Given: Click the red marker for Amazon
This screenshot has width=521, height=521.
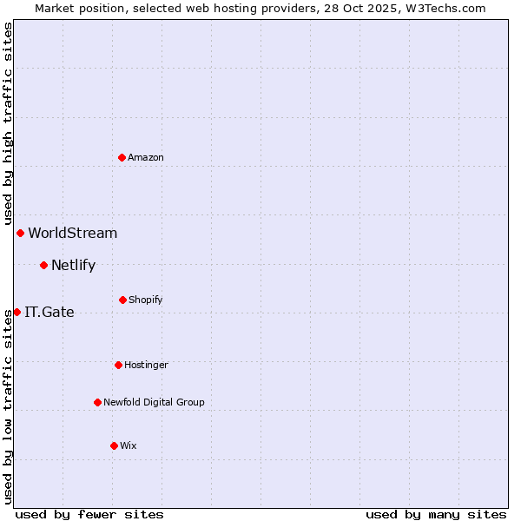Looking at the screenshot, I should (x=122, y=157).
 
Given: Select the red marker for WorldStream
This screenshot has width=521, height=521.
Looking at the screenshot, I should (x=20, y=233).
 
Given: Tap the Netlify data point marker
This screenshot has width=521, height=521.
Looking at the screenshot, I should (x=43, y=265).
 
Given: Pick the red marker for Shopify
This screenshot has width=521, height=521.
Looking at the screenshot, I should (x=122, y=300).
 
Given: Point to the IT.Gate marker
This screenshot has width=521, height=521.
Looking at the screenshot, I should (x=16, y=312).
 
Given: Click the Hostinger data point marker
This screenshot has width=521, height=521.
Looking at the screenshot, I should (x=118, y=365).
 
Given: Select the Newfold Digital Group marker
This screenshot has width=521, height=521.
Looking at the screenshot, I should (x=97, y=402).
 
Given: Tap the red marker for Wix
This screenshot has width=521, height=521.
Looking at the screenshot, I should (x=114, y=445).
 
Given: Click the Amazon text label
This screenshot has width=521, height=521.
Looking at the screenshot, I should (x=146, y=157).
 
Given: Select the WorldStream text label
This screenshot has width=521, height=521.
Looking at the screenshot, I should (x=73, y=233).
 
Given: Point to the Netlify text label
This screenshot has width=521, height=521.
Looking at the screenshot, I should (x=73, y=265).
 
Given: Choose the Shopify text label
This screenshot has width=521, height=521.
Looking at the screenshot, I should (x=146, y=300).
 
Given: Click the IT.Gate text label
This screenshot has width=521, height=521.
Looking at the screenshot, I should (x=49, y=312).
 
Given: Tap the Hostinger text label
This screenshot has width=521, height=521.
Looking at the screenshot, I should (x=146, y=365).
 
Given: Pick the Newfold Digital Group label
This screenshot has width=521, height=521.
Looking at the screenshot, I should (x=155, y=402).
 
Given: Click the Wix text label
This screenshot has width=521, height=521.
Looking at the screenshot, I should (x=129, y=445).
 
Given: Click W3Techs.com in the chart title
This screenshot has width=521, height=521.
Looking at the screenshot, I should (x=444, y=8).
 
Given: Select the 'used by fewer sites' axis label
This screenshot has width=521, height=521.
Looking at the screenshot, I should (x=89, y=514).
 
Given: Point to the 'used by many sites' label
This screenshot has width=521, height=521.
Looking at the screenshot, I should (x=436, y=514).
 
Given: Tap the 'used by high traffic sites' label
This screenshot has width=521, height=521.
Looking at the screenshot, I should (x=8, y=123).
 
